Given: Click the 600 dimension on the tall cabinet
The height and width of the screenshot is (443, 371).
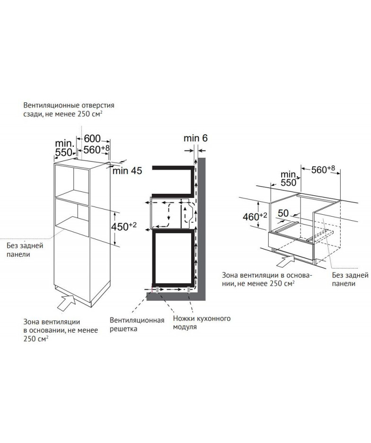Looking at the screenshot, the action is [x=92, y=138].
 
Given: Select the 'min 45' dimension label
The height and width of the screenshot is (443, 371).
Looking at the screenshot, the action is [x=127, y=171].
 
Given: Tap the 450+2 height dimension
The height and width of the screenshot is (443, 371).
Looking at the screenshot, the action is [x=124, y=226].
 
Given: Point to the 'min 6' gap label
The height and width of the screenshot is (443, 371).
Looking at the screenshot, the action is [x=195, y=138].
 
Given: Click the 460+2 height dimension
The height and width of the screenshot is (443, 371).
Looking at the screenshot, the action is [x=255, y=217].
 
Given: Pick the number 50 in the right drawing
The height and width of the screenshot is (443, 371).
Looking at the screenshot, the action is [x=283, y=213].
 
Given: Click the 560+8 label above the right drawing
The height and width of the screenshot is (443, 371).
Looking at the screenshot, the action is [x=323, y=170].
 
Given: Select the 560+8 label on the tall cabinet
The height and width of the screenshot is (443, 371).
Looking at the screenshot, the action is [x=96, y=149].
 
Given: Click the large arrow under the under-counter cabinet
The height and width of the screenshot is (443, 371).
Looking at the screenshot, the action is [x=285, y=260].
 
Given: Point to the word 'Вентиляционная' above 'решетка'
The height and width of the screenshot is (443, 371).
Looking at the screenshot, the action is [x=137, y=320].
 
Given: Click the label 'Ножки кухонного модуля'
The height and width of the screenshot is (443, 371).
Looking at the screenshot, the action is [x=202, y=322].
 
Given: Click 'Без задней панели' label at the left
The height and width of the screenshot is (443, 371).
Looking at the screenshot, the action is [x=25, y=250].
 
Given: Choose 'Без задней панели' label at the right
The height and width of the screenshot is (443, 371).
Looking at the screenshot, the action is [x=350, y=279].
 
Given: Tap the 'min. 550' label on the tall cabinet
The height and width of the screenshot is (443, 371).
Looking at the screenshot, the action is [x=64, y=148].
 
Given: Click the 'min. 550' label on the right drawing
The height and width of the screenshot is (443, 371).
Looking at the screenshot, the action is [x=289, y=179].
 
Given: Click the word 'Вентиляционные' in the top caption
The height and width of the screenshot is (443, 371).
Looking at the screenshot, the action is [x=50, y=105].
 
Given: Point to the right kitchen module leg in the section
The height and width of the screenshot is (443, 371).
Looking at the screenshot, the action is [x=188, y=290].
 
